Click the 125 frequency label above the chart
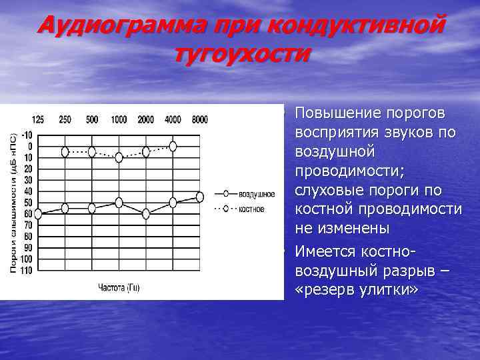click(38, 120)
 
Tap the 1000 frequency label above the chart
click(119, 120)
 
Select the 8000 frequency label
click(199, 120)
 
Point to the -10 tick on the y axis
click(25, 135)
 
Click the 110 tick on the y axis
click(25, 271)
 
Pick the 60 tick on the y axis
click(27, 214)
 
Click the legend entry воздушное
click(257, 194)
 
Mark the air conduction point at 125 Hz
click(38, 213)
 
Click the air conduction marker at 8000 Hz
click(199, 197)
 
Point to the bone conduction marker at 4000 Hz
click(173, 145)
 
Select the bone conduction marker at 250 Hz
click(65, 152)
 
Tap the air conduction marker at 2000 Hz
click(146, 213)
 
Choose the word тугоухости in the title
click(241, 53)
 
